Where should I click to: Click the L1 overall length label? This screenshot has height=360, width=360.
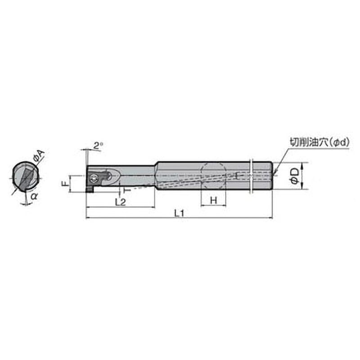coord(179,213)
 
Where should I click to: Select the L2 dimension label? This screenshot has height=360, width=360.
coord(120,202)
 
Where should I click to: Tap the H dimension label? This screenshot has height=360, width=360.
coord(213,201)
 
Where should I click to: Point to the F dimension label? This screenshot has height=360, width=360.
coord(65,183)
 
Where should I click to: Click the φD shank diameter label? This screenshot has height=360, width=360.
coord(295,176)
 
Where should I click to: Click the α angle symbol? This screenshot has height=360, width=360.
coord(34,196)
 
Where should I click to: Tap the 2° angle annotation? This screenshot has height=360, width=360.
coord(98,145)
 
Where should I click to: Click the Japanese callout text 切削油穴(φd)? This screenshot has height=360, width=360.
coord(319,143)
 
